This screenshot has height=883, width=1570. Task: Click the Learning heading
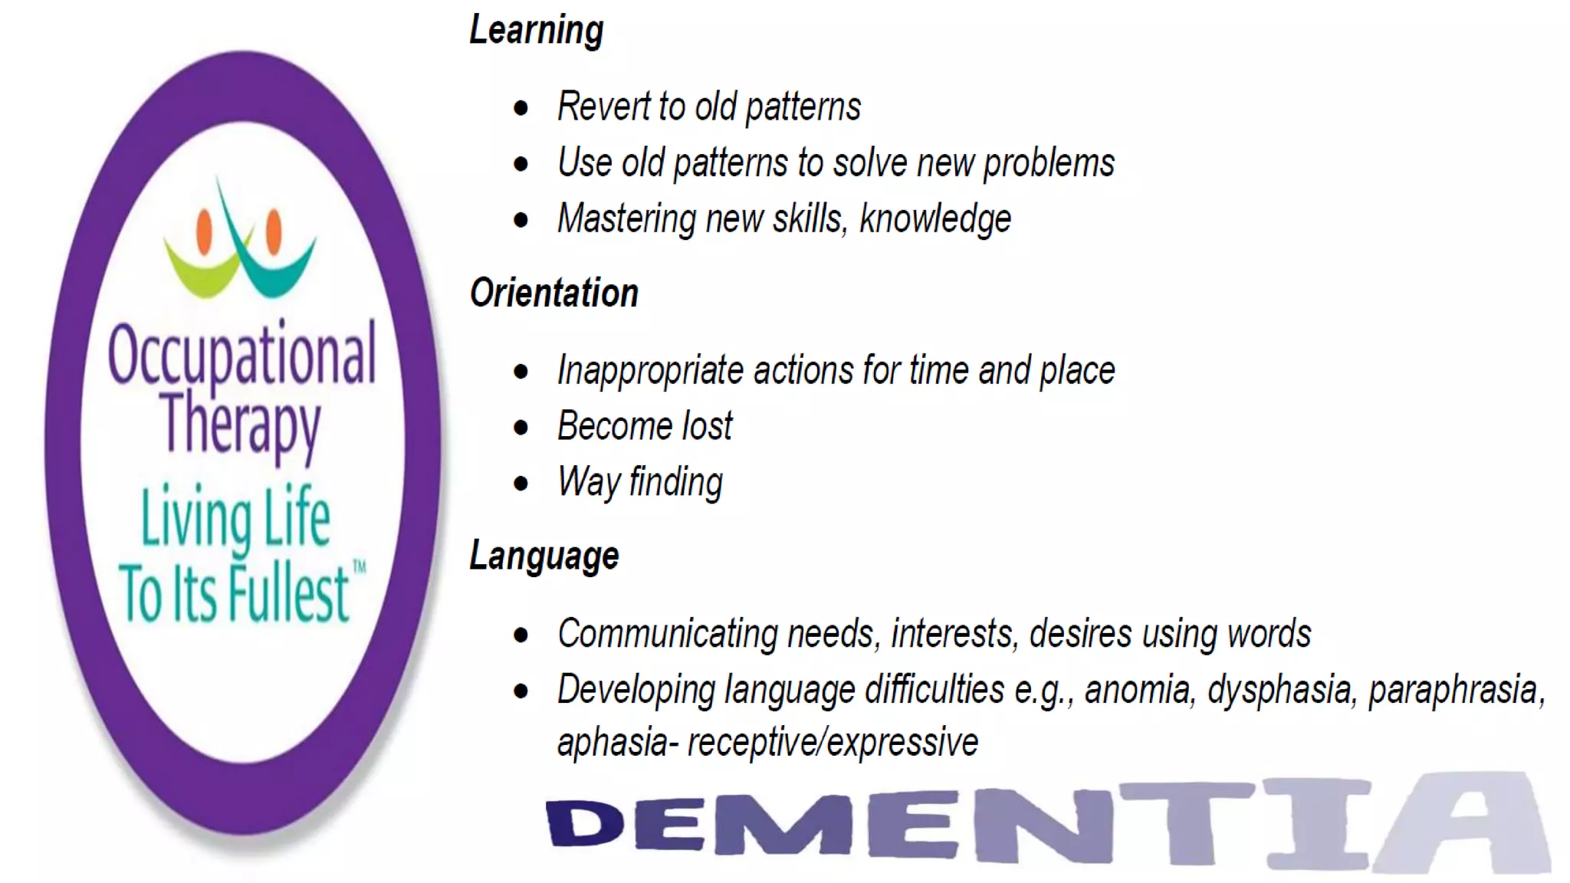click(x=536, y=31)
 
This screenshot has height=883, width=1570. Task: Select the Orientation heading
click(x=553, y=294)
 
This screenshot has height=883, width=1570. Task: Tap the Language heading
click(x=544, y=556)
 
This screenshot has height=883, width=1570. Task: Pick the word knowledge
click(x=934, y=220)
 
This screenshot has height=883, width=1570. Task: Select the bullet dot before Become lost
click(x=521, y=428)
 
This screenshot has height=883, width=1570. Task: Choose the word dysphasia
click(x=1279, y=690)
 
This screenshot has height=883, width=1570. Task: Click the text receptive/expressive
click(x=833, y=743)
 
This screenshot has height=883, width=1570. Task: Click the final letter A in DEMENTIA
click(x=1464, y=824)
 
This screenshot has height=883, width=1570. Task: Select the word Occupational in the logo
click(x=241, y=354)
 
